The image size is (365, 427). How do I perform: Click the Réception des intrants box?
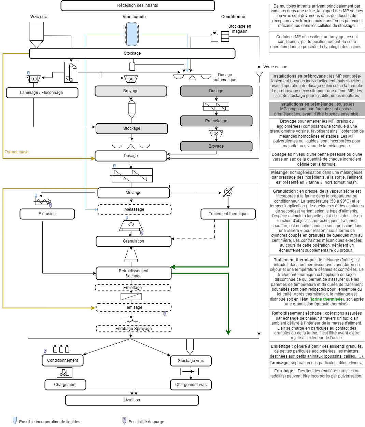(138, 5)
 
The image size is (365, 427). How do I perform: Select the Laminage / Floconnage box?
(42, 93)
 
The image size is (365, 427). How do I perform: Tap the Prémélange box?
(216, 121)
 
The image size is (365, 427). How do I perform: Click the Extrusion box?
(47, 214)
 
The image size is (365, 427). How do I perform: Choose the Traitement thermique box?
(228, 214)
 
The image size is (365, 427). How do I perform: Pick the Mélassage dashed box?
(134, 209)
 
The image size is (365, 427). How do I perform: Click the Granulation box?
(134, 241)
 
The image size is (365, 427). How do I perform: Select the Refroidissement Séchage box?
(134, 273)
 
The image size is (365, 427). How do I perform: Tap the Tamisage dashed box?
(134, 307)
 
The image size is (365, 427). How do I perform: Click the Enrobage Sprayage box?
(134, 329)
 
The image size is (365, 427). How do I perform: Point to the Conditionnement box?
(62, 360)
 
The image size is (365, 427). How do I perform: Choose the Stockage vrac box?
(191, 361)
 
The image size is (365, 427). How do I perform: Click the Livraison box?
(132, 400)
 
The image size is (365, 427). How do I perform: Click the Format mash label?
(16, 152)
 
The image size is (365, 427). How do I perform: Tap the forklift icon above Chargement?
(64, 372)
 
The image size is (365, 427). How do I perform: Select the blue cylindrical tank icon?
(131, 33)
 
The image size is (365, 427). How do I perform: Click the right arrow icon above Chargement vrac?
(189, 371)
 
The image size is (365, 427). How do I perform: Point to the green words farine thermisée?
(326, 299)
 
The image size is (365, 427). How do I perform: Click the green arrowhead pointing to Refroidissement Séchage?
(173, 267)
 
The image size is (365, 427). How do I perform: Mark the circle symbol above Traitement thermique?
(228, 192)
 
